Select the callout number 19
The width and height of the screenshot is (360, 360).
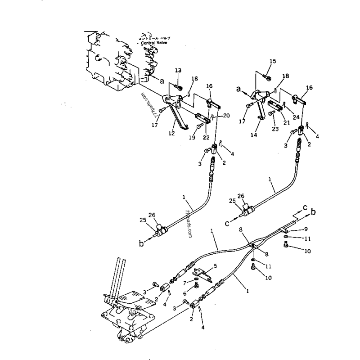click(x=192, y=138)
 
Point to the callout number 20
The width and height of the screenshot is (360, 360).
click(x=226, y=116)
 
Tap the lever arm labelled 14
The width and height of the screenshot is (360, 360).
click(x=260, y=108)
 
